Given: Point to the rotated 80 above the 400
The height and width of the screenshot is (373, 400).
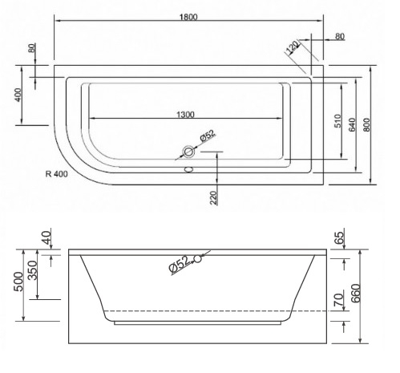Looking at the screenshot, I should (32, 47).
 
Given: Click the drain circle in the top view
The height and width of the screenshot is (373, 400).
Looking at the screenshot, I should (190, 152).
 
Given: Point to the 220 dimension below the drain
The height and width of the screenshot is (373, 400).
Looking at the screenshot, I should (214, 197).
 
